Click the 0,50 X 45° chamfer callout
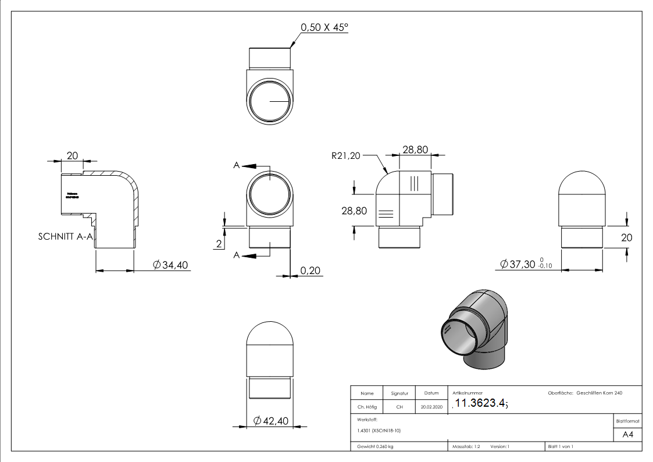click(x=323, y=27)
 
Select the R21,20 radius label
click(x=345, y=155)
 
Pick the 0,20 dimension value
click(x=311, y=271)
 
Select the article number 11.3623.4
click(x=480, y=404)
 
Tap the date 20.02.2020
click(x=431, y=407)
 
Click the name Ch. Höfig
click(x=367, y=407)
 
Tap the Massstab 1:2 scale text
click(x=466, y=446)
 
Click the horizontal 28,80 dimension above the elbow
click(x=415, y=150)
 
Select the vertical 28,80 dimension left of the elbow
click(x=354, y=211)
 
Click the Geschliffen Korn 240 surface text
click(x=599, y=393)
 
